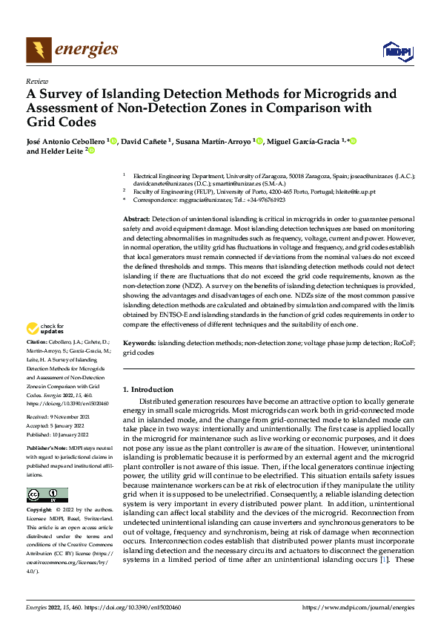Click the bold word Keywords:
click(139, 344)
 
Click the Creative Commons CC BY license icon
click(47, 495)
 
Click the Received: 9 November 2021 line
click(59, 418)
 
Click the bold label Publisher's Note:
click(47, 448)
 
